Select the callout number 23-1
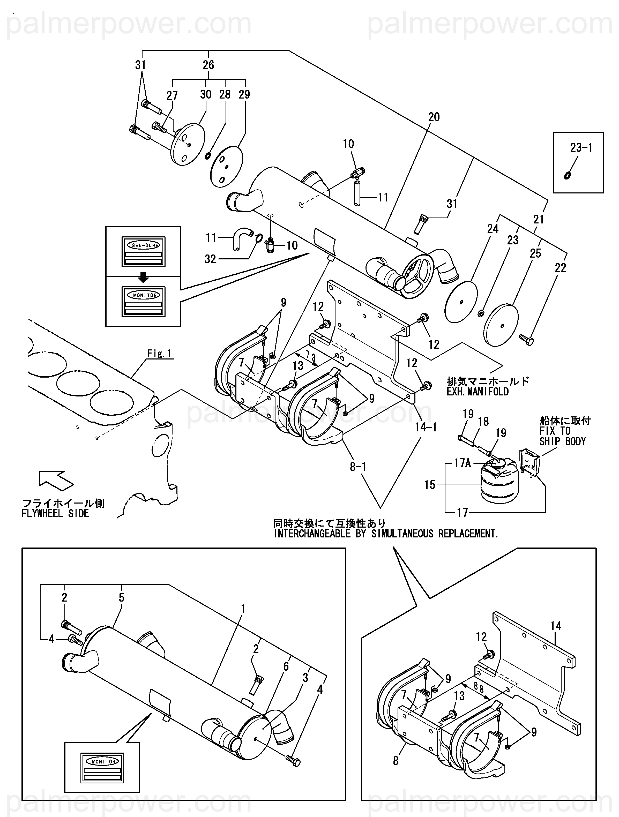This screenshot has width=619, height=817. point(581,148)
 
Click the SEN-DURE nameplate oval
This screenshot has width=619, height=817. point(143,245)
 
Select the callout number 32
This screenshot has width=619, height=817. point(210,259)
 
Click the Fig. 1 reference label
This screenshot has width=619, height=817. point(160,354)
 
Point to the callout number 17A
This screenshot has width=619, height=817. point(462,463)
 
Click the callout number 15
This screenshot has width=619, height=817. point(430,485)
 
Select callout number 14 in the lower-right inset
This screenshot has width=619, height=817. point(555,626)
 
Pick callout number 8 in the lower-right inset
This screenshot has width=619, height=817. point(396,761)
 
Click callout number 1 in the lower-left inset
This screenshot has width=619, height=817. point(243,608)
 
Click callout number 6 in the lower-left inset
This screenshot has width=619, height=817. point(286,666)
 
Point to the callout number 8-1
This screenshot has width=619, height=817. point(358,467)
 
